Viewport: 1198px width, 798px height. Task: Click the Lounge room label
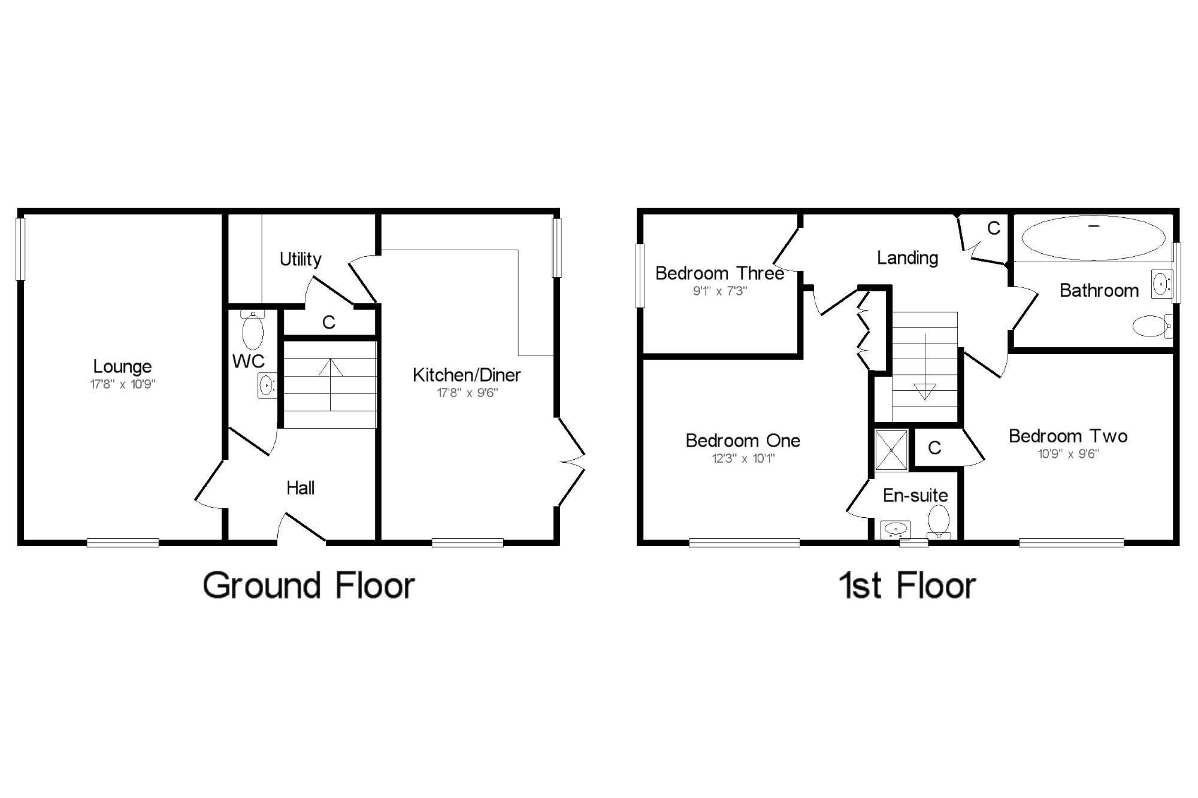122,366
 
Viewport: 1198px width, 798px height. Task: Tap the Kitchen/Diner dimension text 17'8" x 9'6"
467,393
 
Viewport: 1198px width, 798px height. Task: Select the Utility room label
300,259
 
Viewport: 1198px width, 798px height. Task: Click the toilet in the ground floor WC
253,330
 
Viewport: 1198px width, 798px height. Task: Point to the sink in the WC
267,385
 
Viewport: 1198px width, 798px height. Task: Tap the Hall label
300,488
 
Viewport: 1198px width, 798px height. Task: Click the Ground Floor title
308,585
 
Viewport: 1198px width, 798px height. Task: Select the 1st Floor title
907,585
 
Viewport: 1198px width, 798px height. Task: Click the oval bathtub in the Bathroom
1094,238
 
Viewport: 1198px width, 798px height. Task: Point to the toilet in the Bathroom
1152,326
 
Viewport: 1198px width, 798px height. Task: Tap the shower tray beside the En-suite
891,450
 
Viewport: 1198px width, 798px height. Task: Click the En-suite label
915,496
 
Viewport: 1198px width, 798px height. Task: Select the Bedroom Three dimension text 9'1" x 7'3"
720,291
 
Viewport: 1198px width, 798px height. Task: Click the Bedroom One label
743,441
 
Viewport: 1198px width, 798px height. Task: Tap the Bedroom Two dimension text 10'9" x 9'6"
1069,454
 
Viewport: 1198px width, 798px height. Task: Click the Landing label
907,258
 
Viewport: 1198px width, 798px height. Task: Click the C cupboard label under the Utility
329,323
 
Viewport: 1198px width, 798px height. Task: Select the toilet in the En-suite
939,521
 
